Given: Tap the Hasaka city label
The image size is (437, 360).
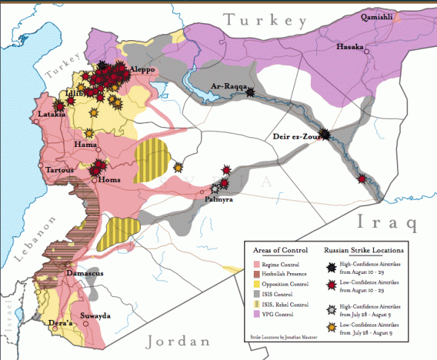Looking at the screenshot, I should [350, 46].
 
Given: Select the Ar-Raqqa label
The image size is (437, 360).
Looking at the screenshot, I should [228, 85].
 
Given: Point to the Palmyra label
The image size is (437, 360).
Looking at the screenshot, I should [219, 200].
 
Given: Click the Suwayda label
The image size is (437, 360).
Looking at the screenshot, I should [95, 315].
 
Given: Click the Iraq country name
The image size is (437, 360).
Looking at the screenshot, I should [385, 221].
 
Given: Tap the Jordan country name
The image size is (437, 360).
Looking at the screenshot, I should [177, 341].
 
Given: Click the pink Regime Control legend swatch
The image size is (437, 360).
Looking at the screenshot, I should [257, 264].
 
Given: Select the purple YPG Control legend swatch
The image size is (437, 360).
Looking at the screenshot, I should [257, 315].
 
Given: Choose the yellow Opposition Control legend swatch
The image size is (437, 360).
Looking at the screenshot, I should [257, 284].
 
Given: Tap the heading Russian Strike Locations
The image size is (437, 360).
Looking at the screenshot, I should [364, 250].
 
